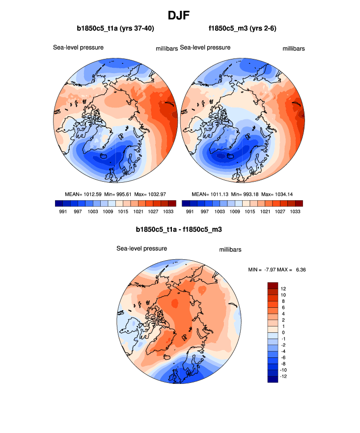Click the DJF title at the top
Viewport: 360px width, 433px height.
[x=180, y=15]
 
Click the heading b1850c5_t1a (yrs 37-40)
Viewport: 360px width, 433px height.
[x=115, y=28]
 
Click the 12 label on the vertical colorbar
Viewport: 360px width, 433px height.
[x=284, y=289]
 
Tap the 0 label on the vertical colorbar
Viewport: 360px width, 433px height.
[x=283, y=332]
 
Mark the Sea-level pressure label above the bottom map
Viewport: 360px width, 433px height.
[x=141, y=248]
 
